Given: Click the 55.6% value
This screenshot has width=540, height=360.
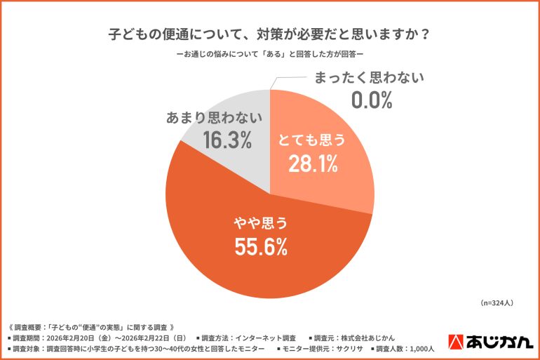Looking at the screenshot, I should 261,246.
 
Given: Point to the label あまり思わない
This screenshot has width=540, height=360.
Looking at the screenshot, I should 215,117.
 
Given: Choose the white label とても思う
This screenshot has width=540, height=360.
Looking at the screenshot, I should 312,140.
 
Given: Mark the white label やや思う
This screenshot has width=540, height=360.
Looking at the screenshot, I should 261,223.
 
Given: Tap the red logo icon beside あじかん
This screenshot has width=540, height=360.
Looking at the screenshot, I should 454,340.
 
